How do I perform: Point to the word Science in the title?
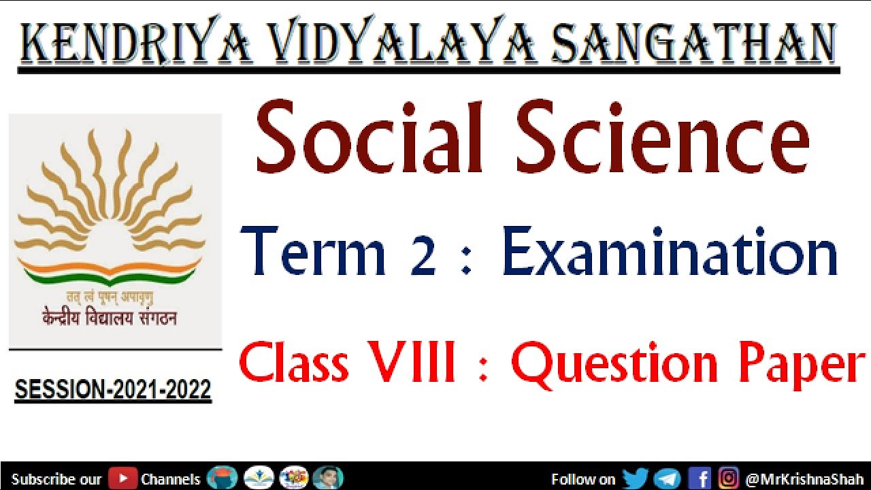pos(663,137)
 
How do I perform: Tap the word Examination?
pos(670,253)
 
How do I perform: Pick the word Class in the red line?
pos(294,364)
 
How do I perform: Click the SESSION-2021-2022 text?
pos(113,391)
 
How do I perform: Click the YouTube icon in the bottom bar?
pos(123,478)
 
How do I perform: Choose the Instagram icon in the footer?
pos(728,478)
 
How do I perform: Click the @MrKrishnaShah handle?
pos(804,479)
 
